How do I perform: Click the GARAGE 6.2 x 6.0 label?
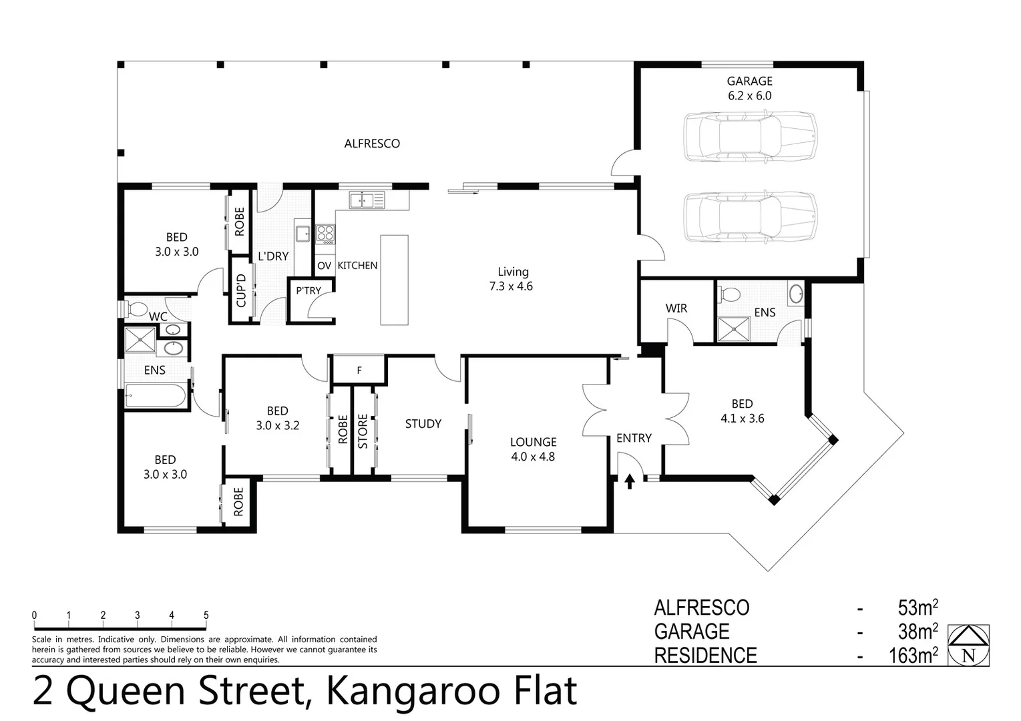(x=749, y=88)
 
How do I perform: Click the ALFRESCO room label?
(x=372, y=144)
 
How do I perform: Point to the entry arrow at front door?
(x=629, y=481)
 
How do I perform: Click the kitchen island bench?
(x=394, y=280)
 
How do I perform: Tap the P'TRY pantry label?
(x=309, y=290)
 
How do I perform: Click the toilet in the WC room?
(x=138, y=309)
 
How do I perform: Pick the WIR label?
(x=676, y=308)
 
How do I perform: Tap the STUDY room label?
(x=423, y=424)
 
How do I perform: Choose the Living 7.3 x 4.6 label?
(x=513, y=279)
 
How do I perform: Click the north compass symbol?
(x=968, y=646)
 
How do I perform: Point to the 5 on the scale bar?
(x=206, y=616)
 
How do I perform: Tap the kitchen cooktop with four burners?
(x=325, y=234)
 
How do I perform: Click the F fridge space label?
(x=359, y=370)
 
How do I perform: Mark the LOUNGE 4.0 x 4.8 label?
(x=533, y=449)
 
